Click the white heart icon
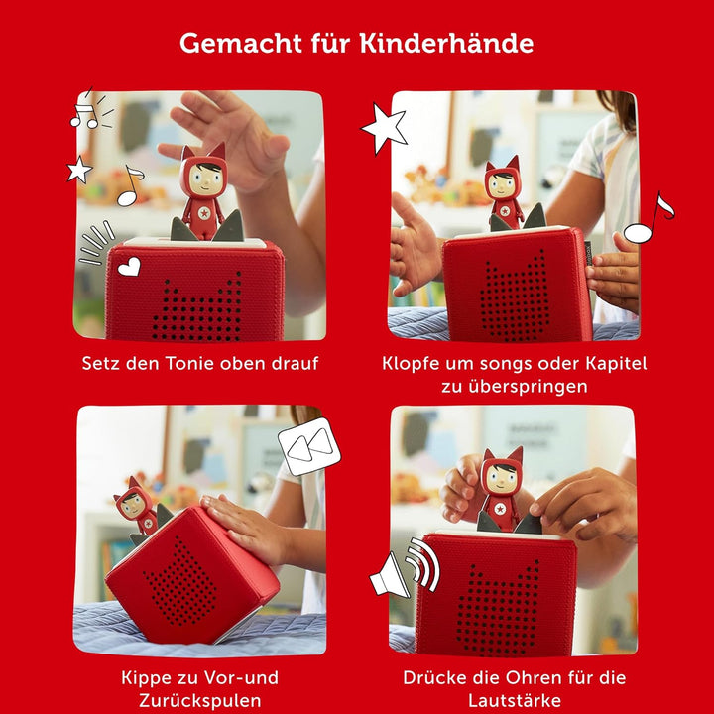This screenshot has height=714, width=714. pyautogui.click(x=129, y=265)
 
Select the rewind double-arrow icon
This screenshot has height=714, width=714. pyautogui.click(x=308, y=449)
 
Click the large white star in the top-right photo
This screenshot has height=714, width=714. pyautogui.click(x=384, y=128)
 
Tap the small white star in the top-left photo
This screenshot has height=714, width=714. pyautogui.click(x=79, y=170)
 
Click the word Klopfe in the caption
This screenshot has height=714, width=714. pyautogui.click(x=414, y=364)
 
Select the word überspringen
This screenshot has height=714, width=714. pyautogui.click(x=514, y=387)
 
